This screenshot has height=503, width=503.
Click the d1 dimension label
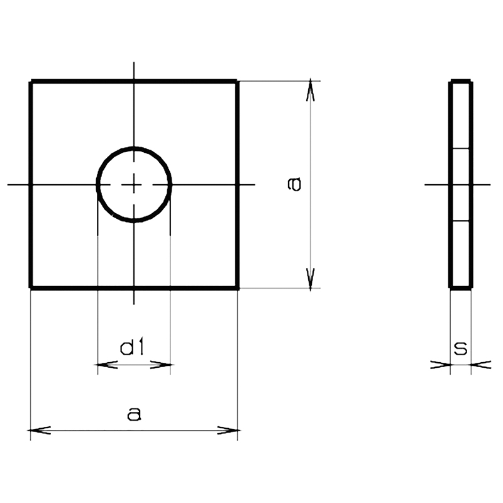[x=132, y=348]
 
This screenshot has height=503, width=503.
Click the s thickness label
[x=461, y=349]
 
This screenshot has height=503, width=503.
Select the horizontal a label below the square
[x=134, y=414]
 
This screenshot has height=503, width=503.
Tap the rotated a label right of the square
[x=294, y=184]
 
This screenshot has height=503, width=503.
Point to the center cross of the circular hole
[x=134, y=185]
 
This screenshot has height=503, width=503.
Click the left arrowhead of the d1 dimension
[x=106, y=365]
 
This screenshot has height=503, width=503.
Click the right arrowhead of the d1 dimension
[x=162, y=365]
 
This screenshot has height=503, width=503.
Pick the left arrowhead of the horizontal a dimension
[x=40, y=430]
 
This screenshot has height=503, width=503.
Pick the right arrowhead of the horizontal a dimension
[x=229, y=430]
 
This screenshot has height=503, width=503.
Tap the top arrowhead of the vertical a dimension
[x=310, y=90]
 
